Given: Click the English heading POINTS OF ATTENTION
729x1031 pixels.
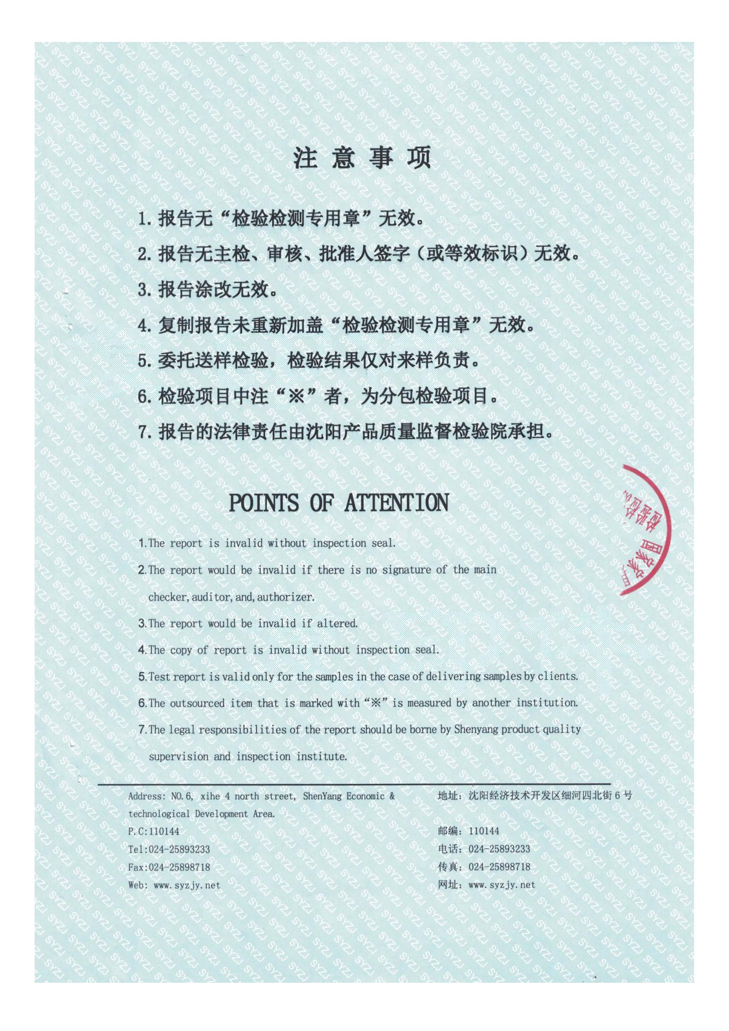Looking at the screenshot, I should (x=338, y=503).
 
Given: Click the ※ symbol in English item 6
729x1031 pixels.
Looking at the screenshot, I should (x=375, y=703).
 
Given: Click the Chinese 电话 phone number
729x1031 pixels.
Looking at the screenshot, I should (x=499, y=849).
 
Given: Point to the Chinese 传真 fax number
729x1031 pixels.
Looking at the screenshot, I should (x=499, y=867).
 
